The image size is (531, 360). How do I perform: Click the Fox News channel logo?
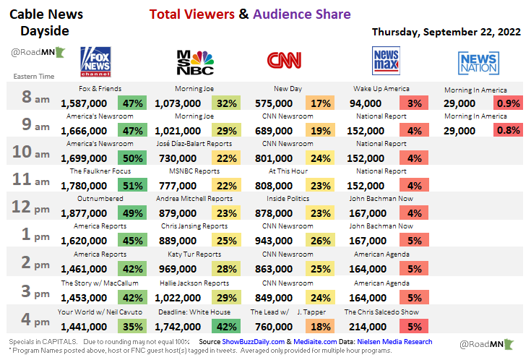click(95, 62)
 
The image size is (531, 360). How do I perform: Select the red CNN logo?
click(284, 61)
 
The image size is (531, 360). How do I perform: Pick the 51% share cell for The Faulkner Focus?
click(132, 185)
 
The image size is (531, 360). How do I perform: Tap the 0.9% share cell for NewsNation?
click(508, 103)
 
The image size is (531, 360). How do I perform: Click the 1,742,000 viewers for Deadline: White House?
click(178, 326)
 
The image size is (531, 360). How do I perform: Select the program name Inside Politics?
click(288, 199)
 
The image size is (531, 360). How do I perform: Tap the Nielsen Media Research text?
click(396, 341)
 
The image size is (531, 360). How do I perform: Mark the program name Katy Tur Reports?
click(194, 254)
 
